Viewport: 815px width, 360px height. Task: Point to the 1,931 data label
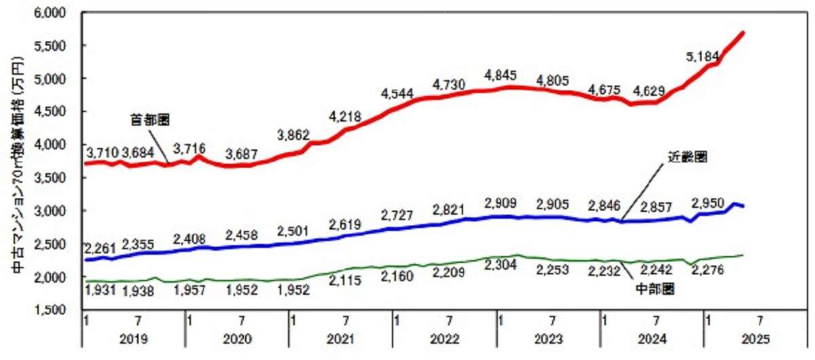[102, 290]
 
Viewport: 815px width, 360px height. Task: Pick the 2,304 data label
[502, 266]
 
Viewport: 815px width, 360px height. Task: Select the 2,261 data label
[101, 245]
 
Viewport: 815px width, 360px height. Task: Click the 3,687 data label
[243, 154]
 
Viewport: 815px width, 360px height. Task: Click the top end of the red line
[744, 33]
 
